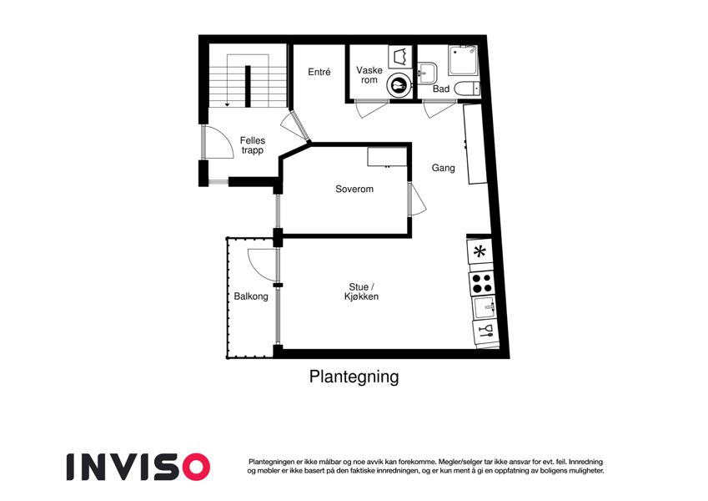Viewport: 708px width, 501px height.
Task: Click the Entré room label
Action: click(x=319, y=72)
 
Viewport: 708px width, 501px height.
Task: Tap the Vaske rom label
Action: click(x=369, y=75)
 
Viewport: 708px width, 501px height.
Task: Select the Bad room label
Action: click(x=441, y=89)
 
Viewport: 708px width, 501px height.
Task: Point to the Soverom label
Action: click(x=354, y=189)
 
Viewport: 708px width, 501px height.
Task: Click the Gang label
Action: click(x=444, y=168)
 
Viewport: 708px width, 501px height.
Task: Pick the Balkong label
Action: click(x=251, y=296)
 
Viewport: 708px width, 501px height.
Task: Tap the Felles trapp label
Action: click(x=253, y=145)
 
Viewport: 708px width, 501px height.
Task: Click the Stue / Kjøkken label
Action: click(x=362, y=292)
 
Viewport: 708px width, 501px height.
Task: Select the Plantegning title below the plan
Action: click(x=354, y=377)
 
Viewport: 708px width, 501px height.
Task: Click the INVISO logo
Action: click(x=138, y=467)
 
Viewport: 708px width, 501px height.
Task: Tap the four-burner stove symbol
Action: click(x=482, y=283)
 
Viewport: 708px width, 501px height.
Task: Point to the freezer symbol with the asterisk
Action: click(x=480, y=251)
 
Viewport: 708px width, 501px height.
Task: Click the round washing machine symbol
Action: click(x=399, y=84)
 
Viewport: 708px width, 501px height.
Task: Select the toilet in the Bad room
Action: click(x=467, y=89)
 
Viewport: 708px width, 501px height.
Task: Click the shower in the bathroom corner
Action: click(x=463, y=60)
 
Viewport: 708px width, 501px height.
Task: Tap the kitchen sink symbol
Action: click(x=484, y=307)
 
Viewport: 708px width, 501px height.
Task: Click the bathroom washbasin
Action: click(x=427, y=73)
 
